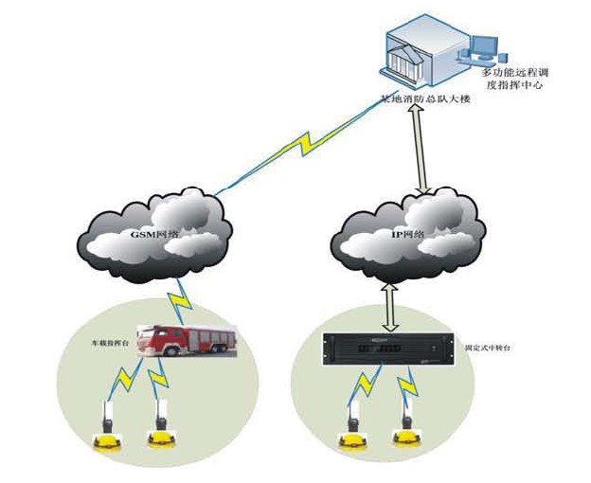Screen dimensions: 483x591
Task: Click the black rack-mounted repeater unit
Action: (x=383, y=351)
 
